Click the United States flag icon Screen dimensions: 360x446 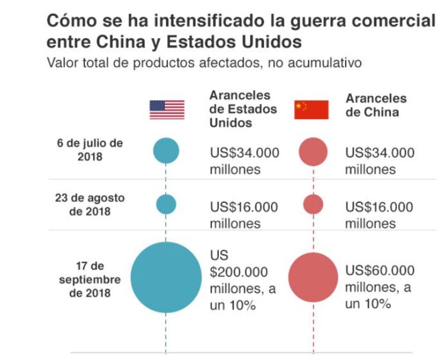(x=167, y=110)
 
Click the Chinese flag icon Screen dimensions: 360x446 (x=311, y=110)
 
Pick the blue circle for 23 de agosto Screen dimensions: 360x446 (x=166, y=204)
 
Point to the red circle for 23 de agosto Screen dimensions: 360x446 (x=313, y=204)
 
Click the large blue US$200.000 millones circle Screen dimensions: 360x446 (x=166, y=277)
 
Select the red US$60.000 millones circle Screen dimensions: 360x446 (x=313, y=277)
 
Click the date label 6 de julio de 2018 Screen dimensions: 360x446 (x=90, y=151)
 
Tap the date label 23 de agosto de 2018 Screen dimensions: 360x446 (x=90, y=205)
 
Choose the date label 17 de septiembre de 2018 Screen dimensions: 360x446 (x=90, y=279)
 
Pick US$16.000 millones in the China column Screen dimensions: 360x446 (x=380, y=215)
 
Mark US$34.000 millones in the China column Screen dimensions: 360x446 (x=380, y=161)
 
